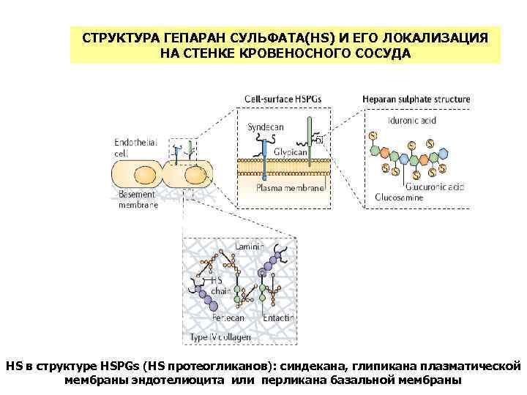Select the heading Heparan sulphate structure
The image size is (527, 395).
point(416,99)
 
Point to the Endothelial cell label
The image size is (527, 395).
point(132,148)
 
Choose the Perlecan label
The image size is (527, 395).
point(228,319)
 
